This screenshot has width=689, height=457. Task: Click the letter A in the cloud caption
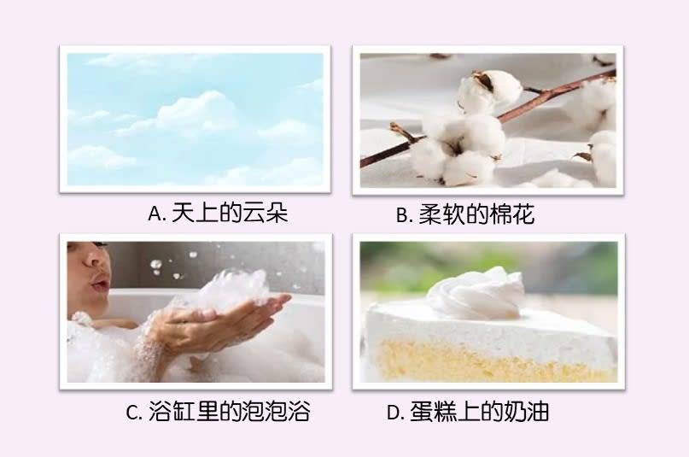155,214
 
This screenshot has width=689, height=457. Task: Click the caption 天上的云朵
230,214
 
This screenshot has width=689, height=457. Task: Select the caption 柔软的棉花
476,215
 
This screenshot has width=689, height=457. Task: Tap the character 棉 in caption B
499,215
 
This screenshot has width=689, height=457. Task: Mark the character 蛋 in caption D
422,413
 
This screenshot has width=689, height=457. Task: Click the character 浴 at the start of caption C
160,413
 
